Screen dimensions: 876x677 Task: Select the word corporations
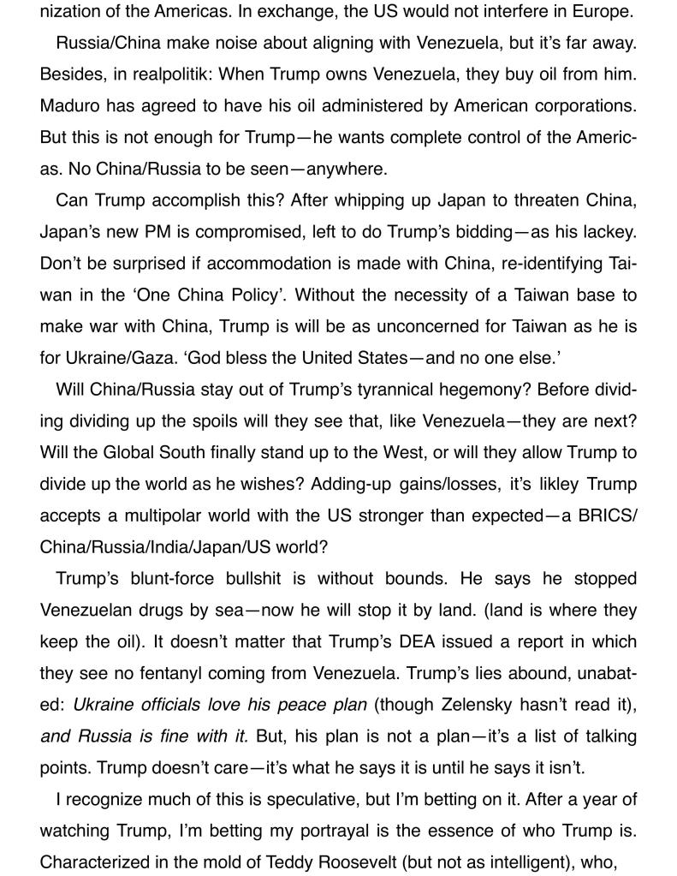[583, 106]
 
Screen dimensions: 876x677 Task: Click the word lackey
[605, 232]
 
